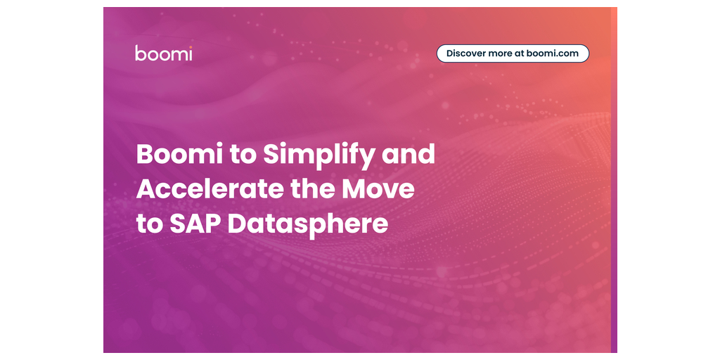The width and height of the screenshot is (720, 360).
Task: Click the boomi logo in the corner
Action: pos(163,53)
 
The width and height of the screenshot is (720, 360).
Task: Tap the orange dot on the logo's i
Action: pos(190,47)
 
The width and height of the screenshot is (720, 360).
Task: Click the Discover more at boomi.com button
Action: pos(513,53)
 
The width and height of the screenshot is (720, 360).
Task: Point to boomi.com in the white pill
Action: pos(553,53)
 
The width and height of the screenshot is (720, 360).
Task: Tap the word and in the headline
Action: pos(408,154)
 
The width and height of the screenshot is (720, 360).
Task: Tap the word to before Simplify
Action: pos(236,155)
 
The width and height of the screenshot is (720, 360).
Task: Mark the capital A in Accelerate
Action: pos(147,189)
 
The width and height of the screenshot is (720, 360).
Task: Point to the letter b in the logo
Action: pos(140,53)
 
